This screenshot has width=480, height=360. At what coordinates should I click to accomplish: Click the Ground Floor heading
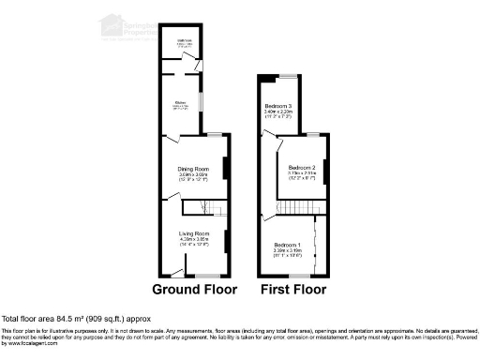click(x=193, y=290)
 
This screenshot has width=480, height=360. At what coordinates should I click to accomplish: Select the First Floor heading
click(x=293, y=290)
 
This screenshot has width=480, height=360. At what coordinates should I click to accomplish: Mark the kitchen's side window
click(x=207, y=100)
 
